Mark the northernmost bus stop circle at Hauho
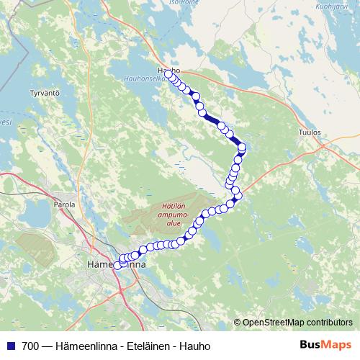168,73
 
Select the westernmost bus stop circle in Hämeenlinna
118,266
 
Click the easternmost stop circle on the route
242,148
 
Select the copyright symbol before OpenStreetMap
238,323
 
